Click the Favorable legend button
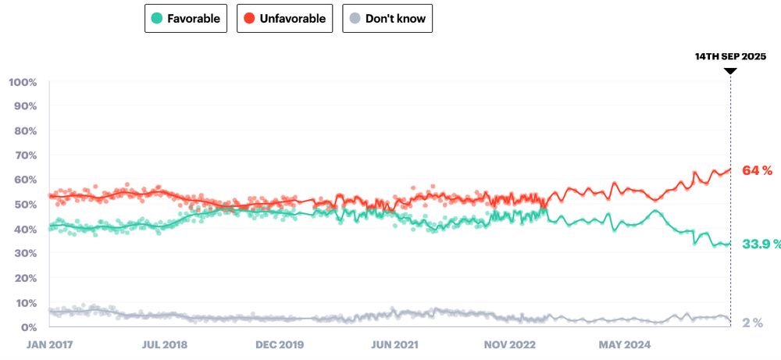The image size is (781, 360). coord(186,18)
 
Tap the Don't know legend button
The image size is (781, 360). coord(387,18)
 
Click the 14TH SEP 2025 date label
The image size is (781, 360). coord(731,57)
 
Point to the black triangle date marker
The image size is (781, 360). coord(730,70)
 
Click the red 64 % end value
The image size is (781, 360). coord(757,169)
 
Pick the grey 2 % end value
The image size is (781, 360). coord(752,323)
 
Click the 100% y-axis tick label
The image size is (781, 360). coord(23,82)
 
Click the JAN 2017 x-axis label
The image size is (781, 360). coord(50,343)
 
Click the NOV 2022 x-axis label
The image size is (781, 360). coord(508,343)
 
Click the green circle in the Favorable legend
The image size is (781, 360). coord(158,18)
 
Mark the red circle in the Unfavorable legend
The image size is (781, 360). coord(249,18)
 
